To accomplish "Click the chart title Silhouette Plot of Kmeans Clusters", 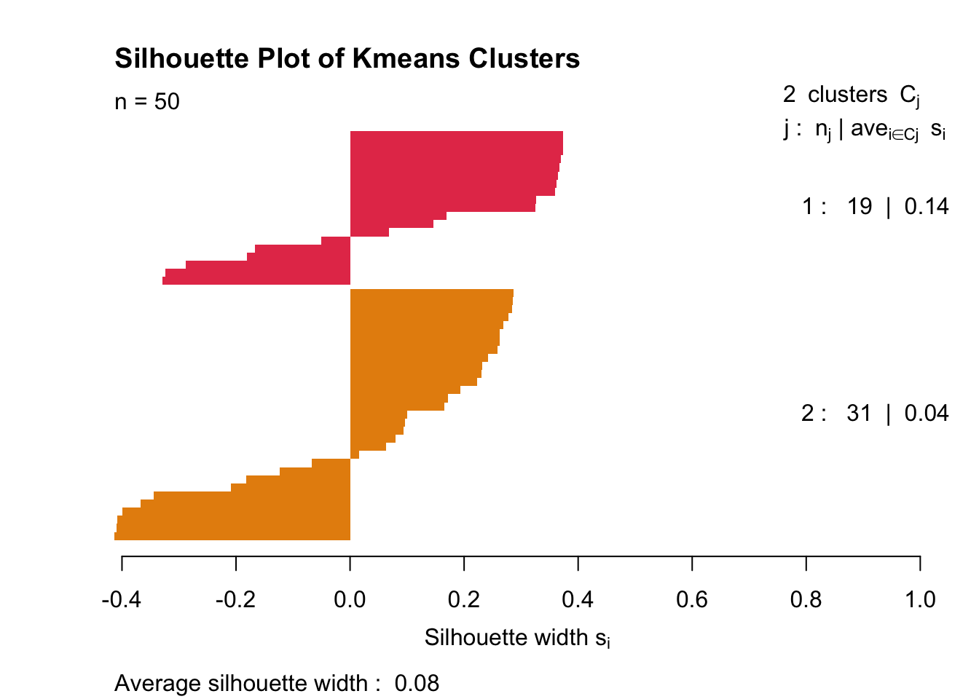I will pos(347,59).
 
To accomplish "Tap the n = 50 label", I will pos(147,101).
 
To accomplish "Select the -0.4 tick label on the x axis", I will pos(122,599).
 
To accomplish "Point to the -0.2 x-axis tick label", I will pos(235,599).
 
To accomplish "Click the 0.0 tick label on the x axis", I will pos(350,599).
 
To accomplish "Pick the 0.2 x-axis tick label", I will pos(464,599).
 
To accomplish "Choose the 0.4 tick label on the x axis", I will pos(578,599).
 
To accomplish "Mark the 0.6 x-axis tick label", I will pos(692,599).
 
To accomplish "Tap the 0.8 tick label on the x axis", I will pos(806,599).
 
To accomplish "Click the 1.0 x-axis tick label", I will pos(920,599).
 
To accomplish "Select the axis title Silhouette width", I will pos(517,638).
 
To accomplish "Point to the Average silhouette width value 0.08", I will pos(417,684).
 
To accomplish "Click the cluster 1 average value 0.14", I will pos(926,207).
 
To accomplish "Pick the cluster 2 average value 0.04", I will pos(926,414).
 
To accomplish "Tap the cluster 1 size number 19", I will pos(860,207).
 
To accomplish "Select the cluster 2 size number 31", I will pos(860,414).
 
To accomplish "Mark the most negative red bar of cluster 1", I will pos(255,280).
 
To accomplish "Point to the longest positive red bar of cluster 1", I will pos(456,135).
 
